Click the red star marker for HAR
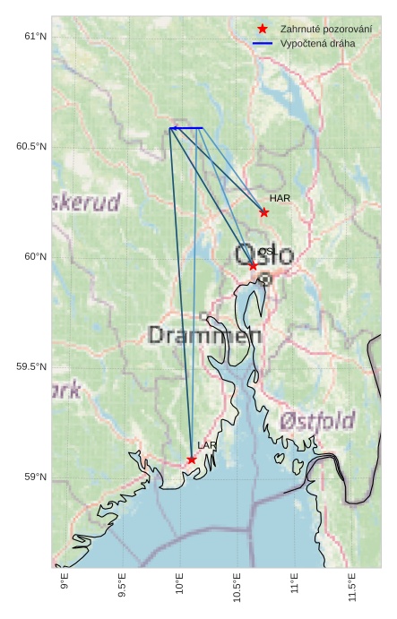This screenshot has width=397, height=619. tap(264, 212)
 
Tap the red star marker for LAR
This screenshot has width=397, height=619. tap(192, 460)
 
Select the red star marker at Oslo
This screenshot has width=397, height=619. tap(253, 265)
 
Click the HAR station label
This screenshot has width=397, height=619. tap(280, 198)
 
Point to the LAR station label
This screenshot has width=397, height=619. tap(207, 445)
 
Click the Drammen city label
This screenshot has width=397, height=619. tap(204, 336)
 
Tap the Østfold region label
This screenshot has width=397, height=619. tap(317, 420)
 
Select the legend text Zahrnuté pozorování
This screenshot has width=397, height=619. tap(325, 29)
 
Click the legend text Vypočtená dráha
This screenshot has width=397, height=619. tap(317, 43)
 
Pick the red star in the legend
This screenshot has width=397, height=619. tap(263, 29)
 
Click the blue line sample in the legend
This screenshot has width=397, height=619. tap(263, 43)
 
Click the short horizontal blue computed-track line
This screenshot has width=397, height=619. tap(186, 128)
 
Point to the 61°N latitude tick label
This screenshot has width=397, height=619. tap(35, 36)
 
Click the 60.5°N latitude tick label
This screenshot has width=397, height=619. tap(31, 146)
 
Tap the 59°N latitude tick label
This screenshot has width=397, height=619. tap(35, 477)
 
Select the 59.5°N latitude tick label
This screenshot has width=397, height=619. tap(31, 366)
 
